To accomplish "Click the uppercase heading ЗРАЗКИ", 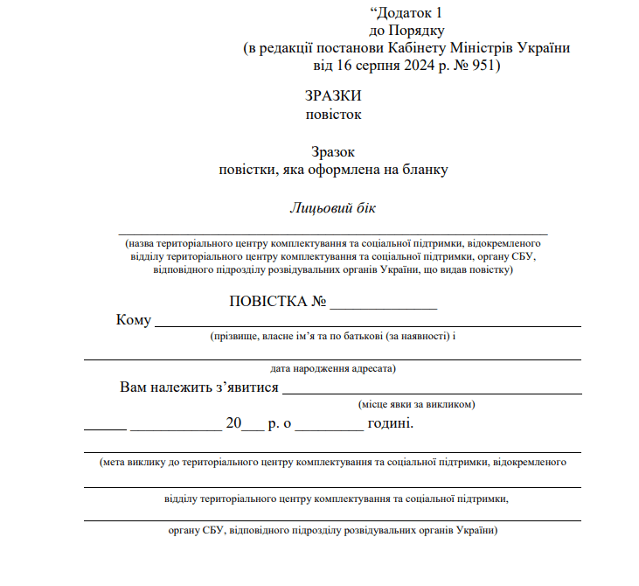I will [333, 96].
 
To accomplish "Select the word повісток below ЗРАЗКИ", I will [333, 114].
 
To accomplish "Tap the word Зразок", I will [333, 152].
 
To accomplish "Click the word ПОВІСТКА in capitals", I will [267, 302].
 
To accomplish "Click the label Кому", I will [134, 320].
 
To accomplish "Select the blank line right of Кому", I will [367, 324].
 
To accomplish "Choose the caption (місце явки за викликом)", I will [417, 405].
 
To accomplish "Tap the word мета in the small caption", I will [115, 460].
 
